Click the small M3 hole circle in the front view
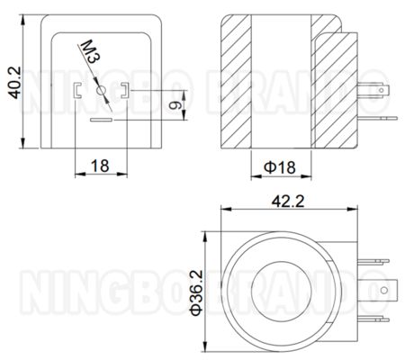pos(100,89)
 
